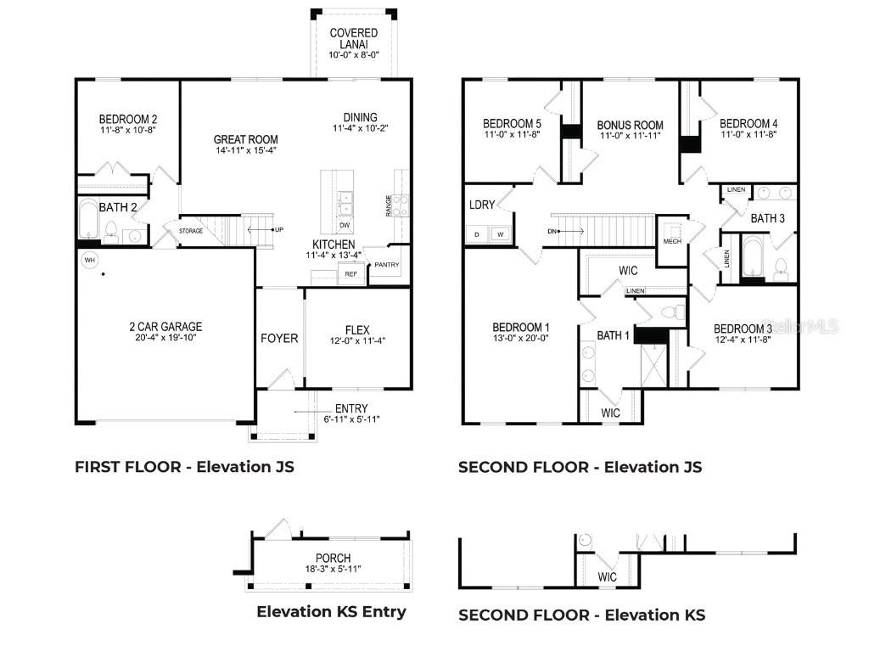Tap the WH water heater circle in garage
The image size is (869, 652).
point(90,259)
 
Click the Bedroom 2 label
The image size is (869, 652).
point(127,119)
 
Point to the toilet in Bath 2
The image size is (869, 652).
point(110,228)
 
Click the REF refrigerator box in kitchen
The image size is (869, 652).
point(350,274)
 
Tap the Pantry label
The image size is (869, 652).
point(386,265)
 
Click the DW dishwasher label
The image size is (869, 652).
point(345,226)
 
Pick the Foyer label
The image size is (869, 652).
point(279,339)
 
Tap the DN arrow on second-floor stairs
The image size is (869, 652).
point(564,230)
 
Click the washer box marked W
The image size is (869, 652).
point(500,233)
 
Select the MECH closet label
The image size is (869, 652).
point(672,241)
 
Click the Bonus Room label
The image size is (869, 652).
point(630,125)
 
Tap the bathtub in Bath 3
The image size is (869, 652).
point(754,258)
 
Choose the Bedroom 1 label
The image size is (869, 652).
point(521,328)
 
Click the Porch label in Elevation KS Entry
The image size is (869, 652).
point(327,558)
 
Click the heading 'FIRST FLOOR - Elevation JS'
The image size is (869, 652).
point(184,466)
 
